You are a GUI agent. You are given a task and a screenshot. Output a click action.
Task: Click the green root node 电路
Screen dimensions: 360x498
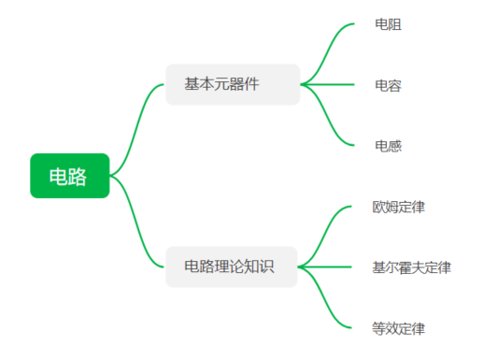69,176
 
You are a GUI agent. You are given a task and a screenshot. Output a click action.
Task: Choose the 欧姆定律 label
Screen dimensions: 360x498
398,207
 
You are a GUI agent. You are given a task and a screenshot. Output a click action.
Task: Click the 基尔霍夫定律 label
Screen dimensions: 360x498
411,267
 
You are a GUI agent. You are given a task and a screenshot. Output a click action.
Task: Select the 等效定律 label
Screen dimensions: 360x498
398,328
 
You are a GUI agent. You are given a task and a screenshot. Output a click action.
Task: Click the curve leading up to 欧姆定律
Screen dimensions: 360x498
327,234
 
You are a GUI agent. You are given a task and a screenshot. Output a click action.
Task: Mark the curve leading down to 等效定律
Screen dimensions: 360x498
327,301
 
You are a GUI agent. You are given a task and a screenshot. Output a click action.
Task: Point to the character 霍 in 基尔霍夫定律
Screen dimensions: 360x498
405,267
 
